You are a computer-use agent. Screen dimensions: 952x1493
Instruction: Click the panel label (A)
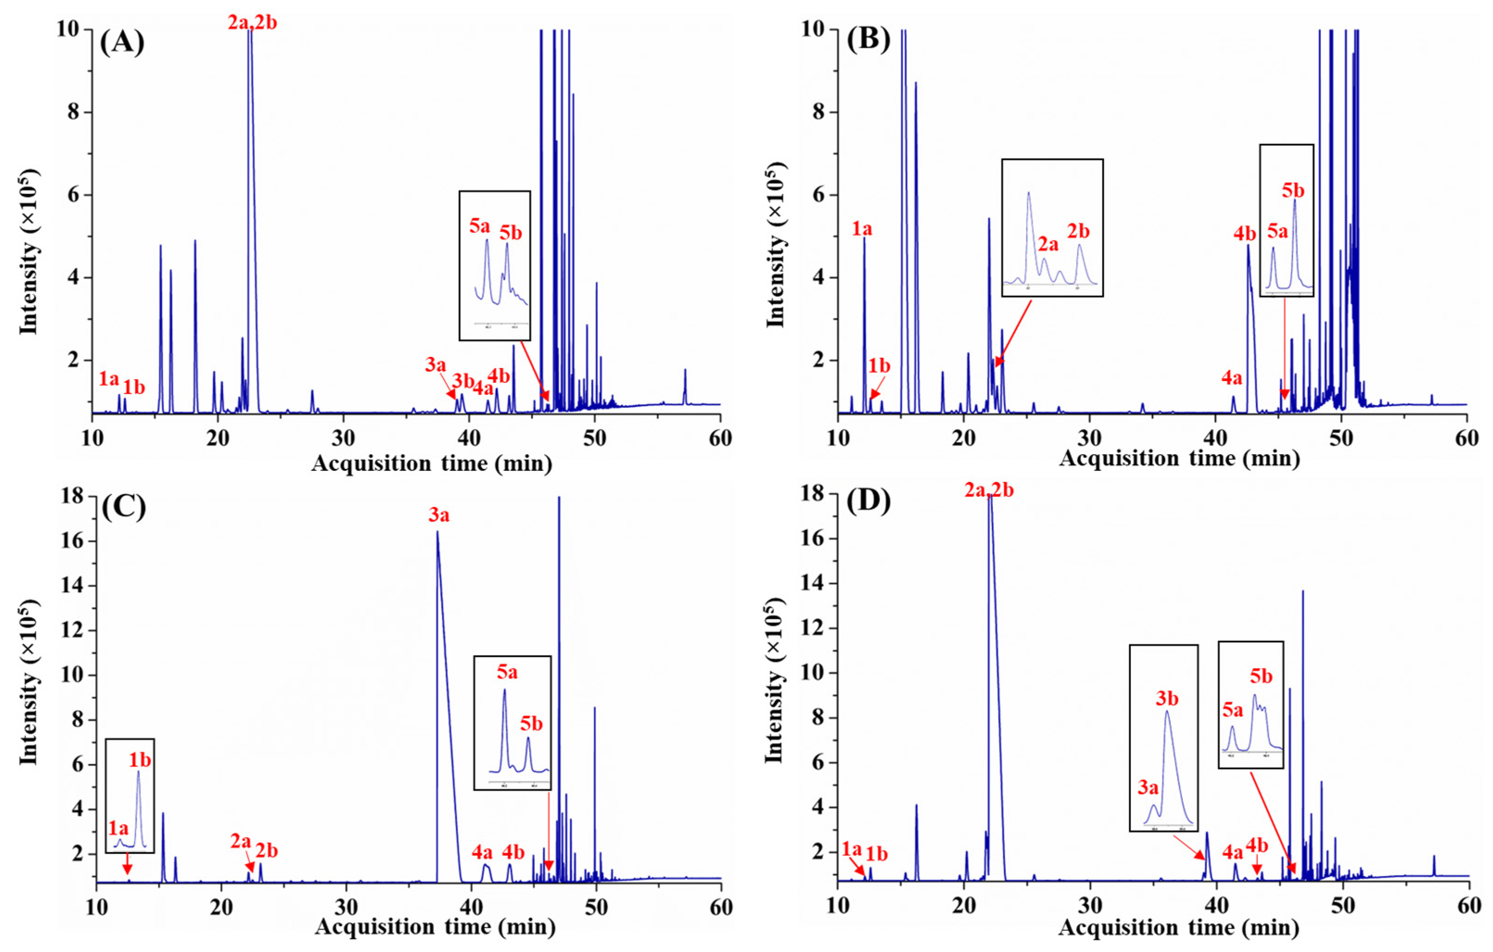tap(122, 44)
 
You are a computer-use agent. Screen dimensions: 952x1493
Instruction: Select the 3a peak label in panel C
tap(439, 515)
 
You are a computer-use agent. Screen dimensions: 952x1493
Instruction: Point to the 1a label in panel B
tap(862, 229)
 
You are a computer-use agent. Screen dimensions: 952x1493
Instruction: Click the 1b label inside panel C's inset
tap(140, 760)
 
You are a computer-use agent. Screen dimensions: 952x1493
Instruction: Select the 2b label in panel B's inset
tap(1078, 231)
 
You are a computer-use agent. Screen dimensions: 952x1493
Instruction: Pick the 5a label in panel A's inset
tap(479, 226)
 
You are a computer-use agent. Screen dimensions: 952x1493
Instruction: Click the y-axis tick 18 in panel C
tap(73, 496)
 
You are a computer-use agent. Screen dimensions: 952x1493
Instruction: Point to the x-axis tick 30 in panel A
tap(343, 438)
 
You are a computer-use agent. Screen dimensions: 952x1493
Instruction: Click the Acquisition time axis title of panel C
tap(435, 927)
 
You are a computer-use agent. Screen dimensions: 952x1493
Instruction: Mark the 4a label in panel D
tap(1233, 853)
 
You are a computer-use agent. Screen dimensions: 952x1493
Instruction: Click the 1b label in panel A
tap(133, 387)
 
